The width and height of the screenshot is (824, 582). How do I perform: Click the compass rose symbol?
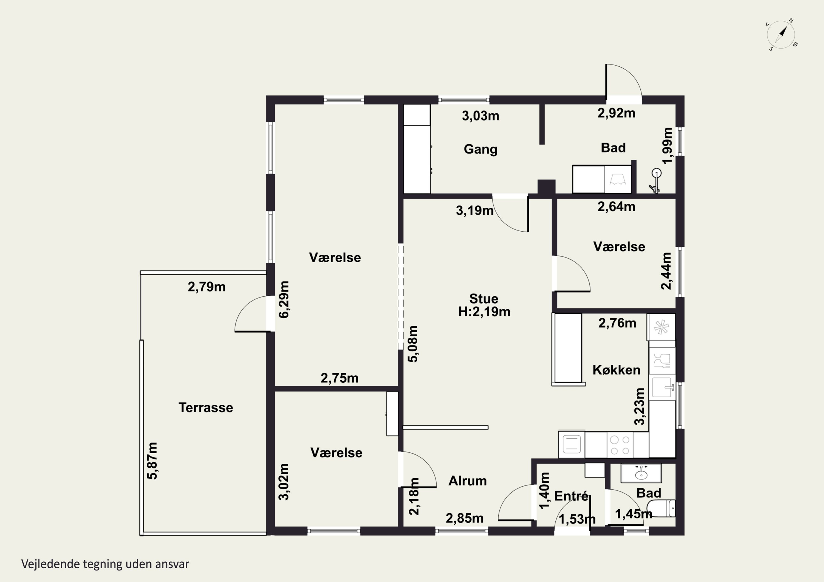pyautogui.click(x=781, y=35)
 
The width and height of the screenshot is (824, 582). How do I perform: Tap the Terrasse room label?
pyautogui.click(x=206, y=407)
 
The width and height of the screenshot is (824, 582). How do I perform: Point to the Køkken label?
pyautogui.click(x=616, y=370)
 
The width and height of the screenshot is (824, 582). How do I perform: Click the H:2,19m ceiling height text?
pyautogui.click(x=484, y=312)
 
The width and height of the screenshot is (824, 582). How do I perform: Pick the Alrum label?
pyautogui.click(x=468, y=481)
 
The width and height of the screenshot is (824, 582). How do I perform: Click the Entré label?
pyautogui.click(x=571, y=496)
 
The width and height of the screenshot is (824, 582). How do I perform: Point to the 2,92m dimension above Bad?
pyautogui.click(x=616, y=113)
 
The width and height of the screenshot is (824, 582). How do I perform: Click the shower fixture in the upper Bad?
pyautogui.click(x=655, y=181)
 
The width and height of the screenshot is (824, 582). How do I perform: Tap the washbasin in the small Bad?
pyautogui.click(x=641, y=473)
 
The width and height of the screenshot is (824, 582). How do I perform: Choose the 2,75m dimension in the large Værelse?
pyautogui.click(x=339, y=378)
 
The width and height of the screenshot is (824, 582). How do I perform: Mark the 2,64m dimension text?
pyautogui.click(x=616, y=207)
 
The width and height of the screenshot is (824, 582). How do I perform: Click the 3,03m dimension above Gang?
pyautogui.click(x=481, y=116)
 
